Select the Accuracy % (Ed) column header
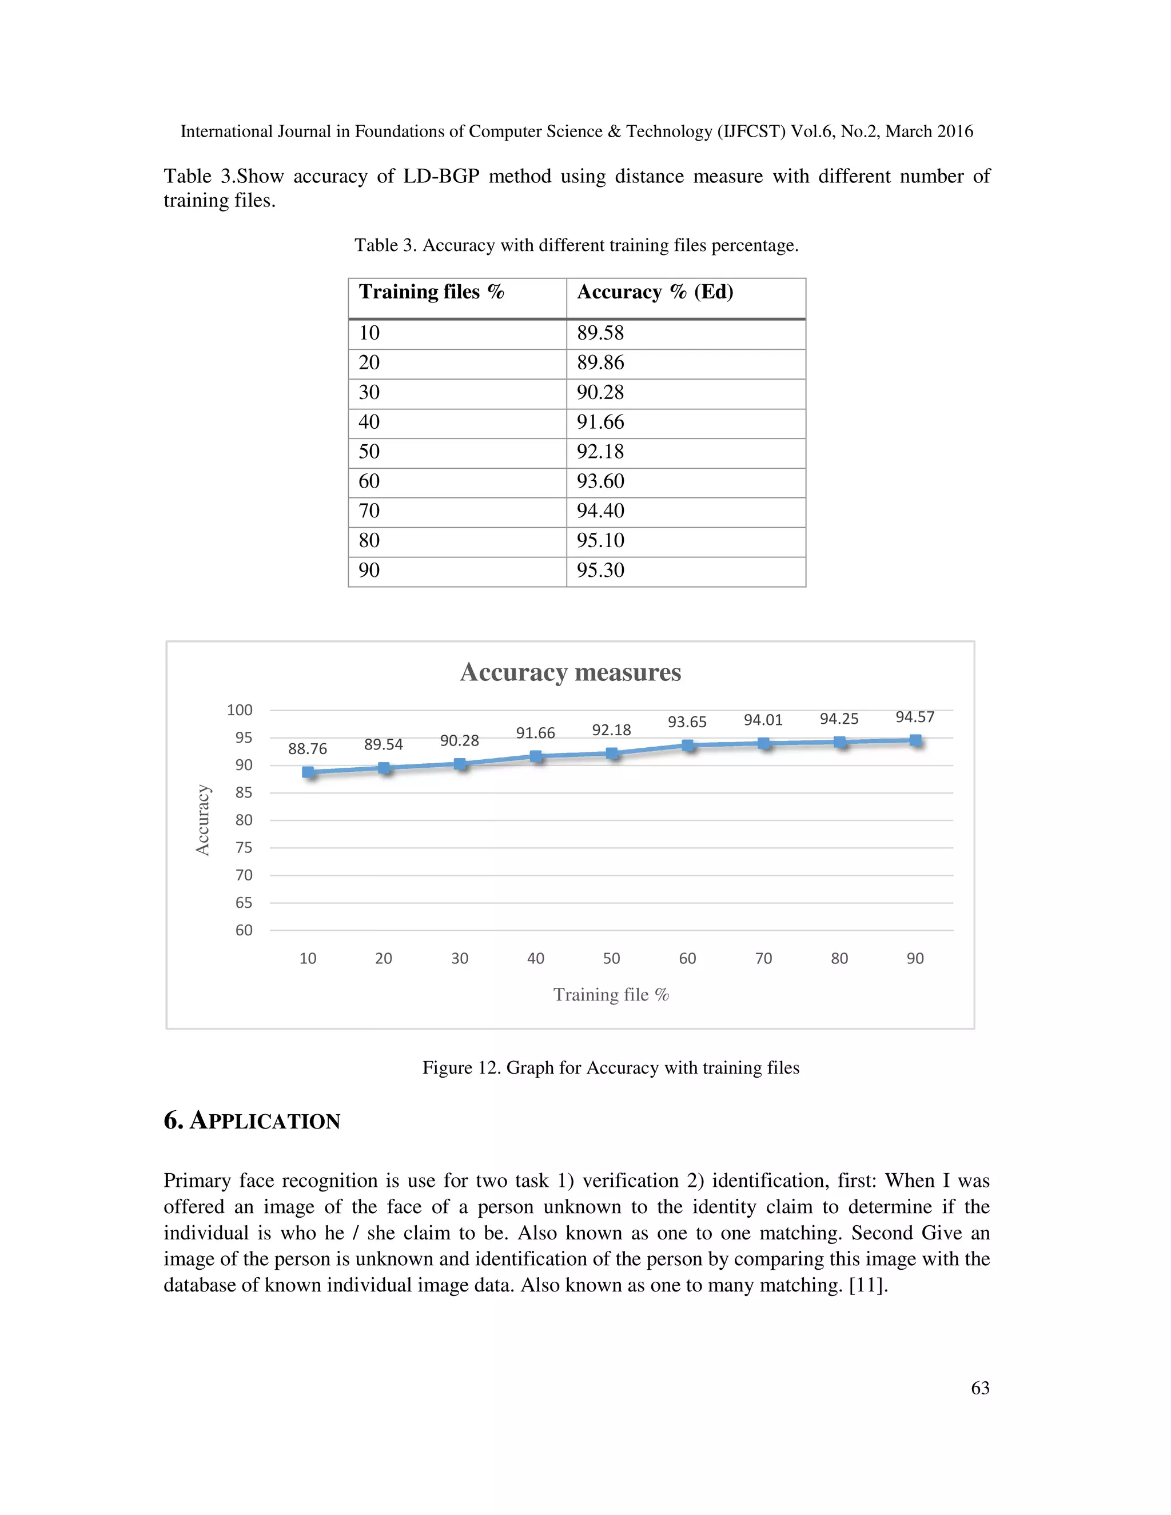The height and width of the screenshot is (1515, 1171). coord(655,292)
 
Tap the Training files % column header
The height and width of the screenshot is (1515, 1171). coord(431,292)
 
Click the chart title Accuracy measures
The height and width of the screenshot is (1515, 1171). coord(570,672)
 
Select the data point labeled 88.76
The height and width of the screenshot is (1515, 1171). coord(308,772)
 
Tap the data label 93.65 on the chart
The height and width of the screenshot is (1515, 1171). coord(687,722)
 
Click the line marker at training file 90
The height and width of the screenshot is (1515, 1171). coord(915,740)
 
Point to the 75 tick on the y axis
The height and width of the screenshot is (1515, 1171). coord(244,848)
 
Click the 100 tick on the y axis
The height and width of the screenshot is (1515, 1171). coord(240,710)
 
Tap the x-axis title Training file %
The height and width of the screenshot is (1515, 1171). coord(611,995)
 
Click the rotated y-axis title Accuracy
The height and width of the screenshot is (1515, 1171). coord(202,820)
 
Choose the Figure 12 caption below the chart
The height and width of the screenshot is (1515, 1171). coord(611,1067)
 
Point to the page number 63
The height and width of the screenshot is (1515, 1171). coord(979,1388)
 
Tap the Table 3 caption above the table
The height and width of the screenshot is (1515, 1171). coord(576,246)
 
